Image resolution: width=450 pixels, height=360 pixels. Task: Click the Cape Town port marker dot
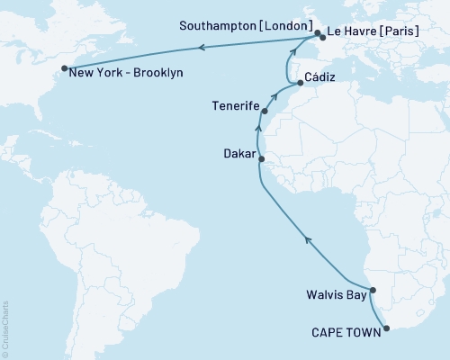387,328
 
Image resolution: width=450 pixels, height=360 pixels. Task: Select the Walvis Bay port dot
373,290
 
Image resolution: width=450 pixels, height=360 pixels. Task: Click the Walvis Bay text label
337,293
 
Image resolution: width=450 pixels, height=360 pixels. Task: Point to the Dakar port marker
261,159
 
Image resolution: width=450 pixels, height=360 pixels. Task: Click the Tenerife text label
236,107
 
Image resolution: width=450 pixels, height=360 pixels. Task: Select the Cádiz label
320,77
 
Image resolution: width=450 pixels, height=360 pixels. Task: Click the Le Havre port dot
322,39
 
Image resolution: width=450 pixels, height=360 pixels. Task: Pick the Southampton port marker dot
317,35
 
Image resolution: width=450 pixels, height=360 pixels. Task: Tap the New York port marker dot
64,68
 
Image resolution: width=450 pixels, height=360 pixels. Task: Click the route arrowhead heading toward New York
201,47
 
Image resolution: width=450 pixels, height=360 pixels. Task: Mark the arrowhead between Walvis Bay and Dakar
308,239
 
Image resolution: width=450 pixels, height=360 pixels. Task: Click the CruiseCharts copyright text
5,329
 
